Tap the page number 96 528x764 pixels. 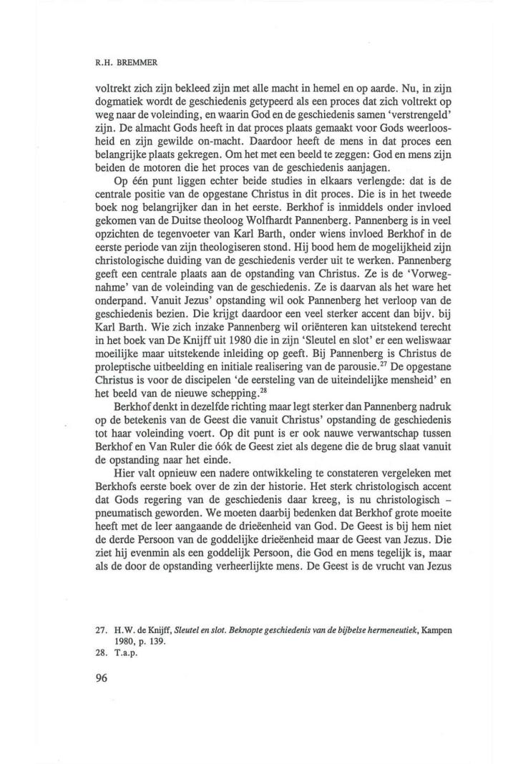point(100,679)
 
